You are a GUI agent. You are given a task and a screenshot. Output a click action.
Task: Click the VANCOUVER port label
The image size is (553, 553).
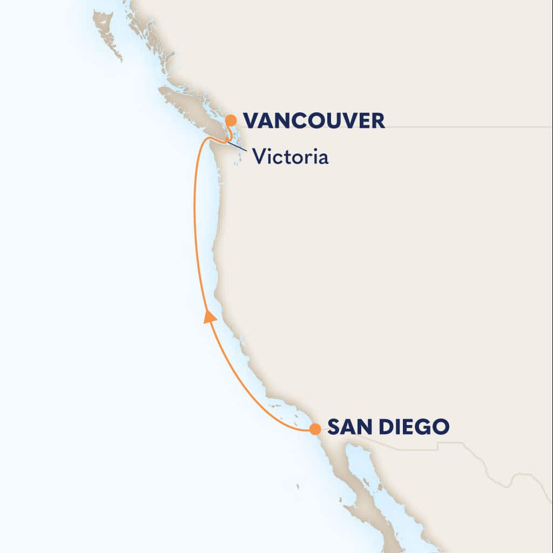coord(314,120)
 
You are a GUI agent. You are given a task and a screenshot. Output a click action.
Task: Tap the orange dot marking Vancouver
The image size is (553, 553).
coord(231,120)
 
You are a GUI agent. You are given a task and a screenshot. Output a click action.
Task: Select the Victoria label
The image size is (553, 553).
coord(291,157)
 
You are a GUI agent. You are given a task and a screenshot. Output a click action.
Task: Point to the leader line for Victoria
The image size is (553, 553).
coord(238,147)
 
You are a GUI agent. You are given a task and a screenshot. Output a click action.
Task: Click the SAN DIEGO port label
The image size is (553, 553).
coord(388,428)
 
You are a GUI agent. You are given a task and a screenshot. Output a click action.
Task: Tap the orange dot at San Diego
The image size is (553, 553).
coord(315,429)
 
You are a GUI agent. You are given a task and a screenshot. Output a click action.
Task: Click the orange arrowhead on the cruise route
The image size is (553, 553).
coord(210,317)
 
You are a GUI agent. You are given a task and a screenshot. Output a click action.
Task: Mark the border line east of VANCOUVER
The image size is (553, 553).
coord(464,127)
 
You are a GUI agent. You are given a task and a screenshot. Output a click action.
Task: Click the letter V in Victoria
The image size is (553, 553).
coord(258,157)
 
